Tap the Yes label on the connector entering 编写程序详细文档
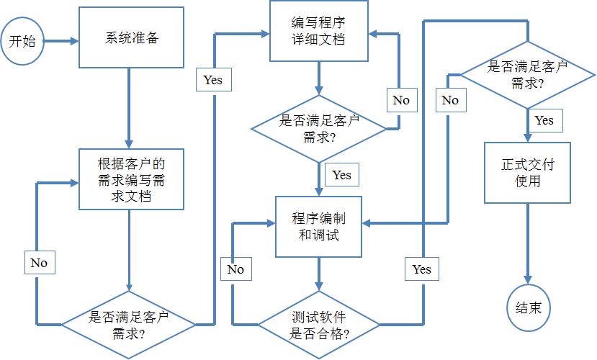click(214, 79)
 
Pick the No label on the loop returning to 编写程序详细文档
click(402, 100)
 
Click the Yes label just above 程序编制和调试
click(342, 175)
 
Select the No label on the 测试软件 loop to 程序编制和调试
click(236, 269)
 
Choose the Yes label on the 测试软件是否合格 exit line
click(422, 269)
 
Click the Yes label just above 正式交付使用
click(545, 120)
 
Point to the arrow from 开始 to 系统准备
click(61, 41)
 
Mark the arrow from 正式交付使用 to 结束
click(528, 244)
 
